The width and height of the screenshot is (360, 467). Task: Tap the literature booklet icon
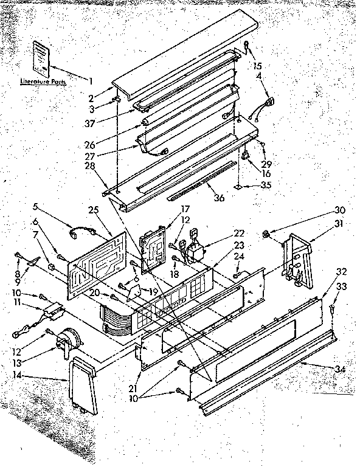click(42, 57)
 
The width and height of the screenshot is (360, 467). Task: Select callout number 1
click(91, 81)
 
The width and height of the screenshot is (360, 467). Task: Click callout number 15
click(257, 65)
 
